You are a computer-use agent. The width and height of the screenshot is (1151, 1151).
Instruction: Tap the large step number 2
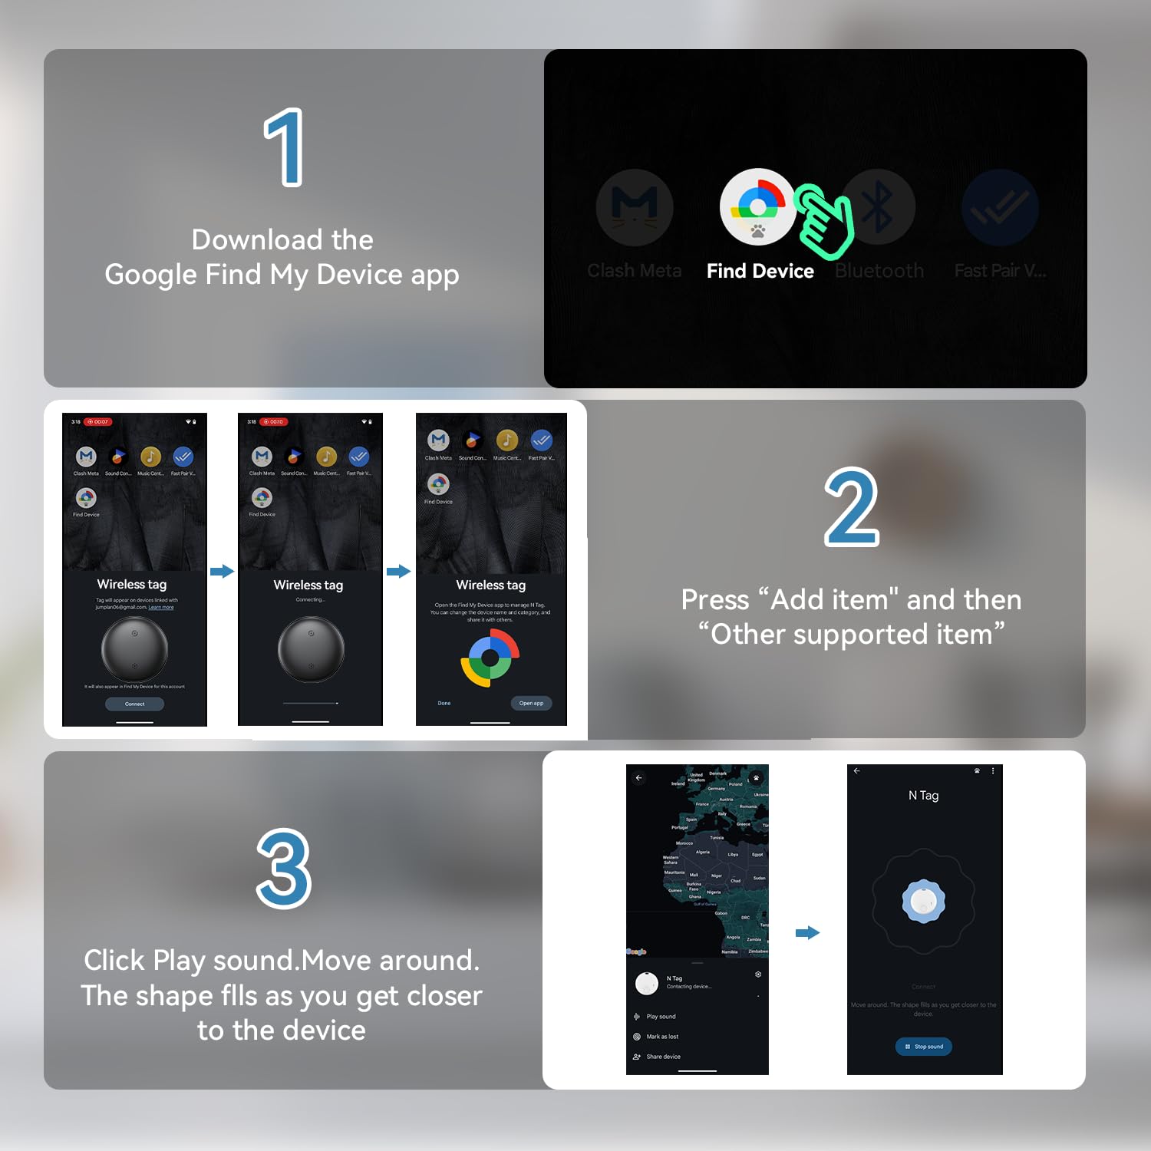tap(851, 507)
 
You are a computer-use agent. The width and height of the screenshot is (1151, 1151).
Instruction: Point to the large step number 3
tap(284, 869)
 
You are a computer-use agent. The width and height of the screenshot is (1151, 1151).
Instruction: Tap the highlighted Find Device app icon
tap(757, 206)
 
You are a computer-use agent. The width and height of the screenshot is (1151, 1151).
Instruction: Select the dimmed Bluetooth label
tap(879, 271)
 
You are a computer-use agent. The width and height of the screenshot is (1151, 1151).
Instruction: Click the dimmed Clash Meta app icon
tap(635, 207)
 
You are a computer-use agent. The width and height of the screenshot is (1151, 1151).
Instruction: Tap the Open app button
tap(531, 703)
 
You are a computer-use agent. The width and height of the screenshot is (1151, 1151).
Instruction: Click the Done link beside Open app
tap(444, 703)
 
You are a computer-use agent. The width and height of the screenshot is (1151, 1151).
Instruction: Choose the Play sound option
tap(661, 1017)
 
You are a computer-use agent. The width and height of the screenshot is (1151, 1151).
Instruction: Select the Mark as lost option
tap(662, 1037)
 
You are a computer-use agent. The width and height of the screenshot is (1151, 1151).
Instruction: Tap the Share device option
tap(663, 1057)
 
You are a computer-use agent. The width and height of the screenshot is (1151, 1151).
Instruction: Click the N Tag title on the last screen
tap(924, 796)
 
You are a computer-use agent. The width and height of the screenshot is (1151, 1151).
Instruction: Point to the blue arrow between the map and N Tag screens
tap(808, 933)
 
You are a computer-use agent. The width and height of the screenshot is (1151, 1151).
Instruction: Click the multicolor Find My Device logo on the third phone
tap(490, 658)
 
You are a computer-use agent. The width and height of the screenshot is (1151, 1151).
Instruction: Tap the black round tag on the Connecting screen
tap(311, 649)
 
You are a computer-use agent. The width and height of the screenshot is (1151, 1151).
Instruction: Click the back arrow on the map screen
tap(638, 778)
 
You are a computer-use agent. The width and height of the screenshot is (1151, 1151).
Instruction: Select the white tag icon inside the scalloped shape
tap(924, 901)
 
